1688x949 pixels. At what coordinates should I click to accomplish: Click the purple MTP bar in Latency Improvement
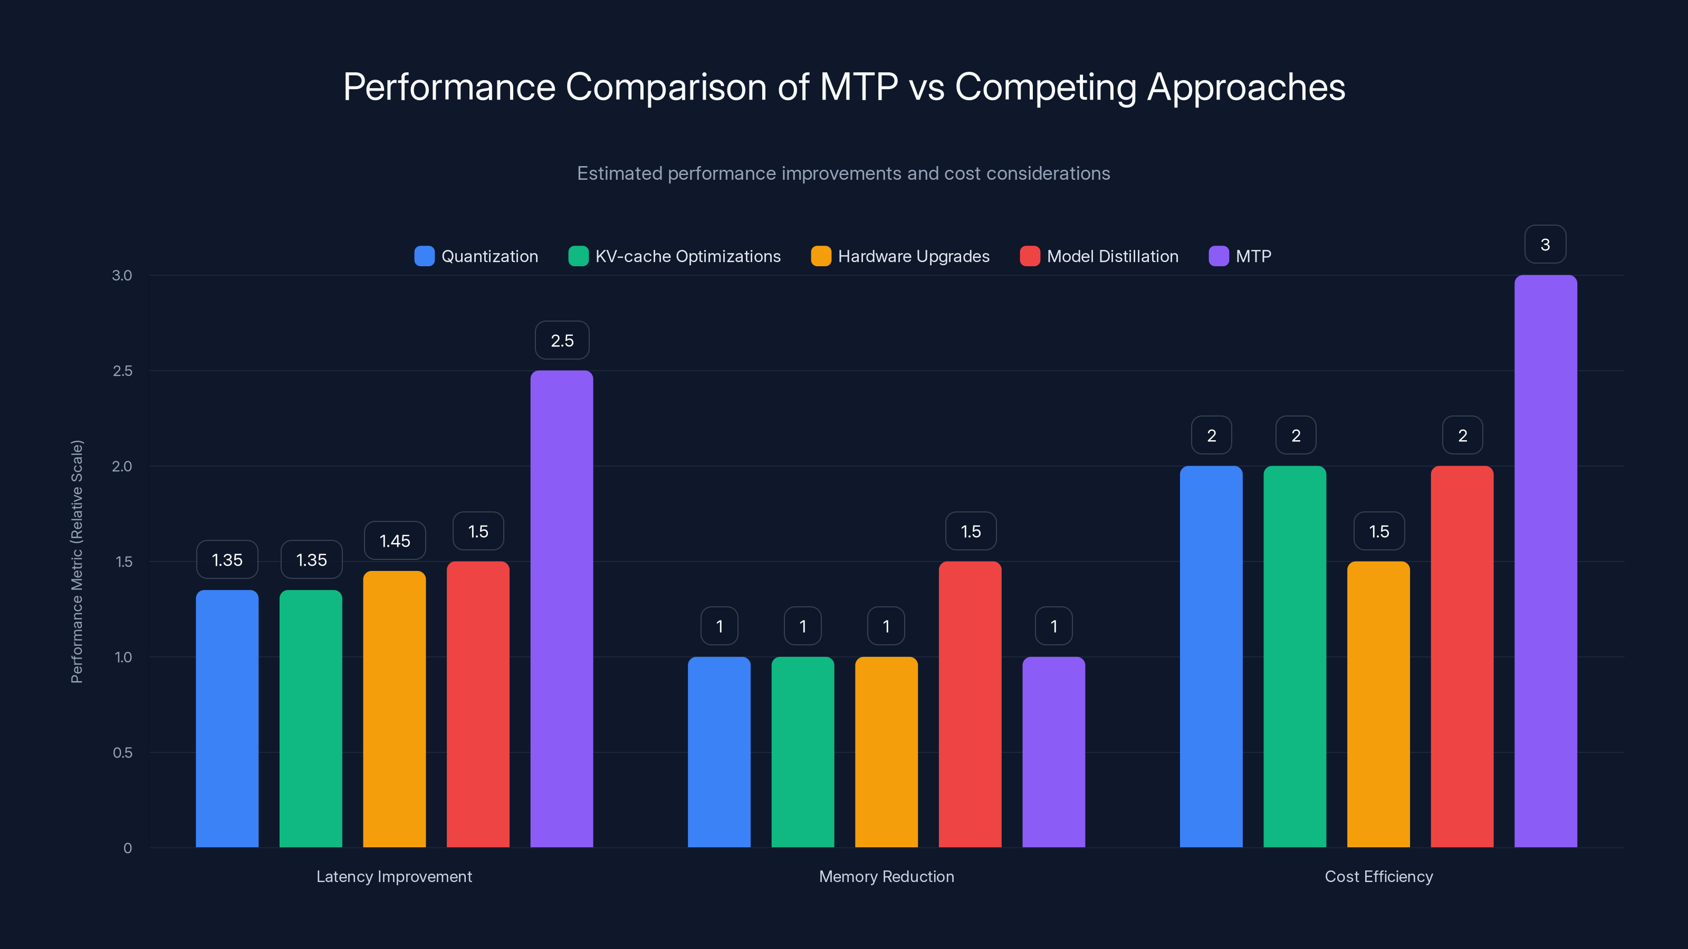[x=562, y=609]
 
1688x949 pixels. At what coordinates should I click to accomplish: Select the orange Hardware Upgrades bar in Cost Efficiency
[x=1378, y=704]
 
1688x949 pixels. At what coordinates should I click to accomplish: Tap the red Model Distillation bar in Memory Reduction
[x=970, y=704]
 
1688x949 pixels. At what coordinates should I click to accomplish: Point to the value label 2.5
[x=562, y=341]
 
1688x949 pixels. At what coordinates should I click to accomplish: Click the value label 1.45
[x=395, y=541]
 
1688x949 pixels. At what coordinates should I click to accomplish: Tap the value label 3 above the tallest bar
[x=1545, y=245]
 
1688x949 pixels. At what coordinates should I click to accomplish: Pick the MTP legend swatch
[x=1218, y=256]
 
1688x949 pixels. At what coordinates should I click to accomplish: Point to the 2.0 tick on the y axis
[x=122, y=466]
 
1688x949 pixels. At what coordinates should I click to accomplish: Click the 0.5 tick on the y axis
[x=122, y=752]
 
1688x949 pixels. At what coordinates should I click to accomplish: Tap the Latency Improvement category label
[x=394, y=876]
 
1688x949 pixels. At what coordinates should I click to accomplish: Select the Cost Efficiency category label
[x=1379, y=876]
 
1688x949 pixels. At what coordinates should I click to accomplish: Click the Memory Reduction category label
[x=887, y=876]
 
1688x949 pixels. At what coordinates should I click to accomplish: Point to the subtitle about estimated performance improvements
[x=843, y=173]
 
